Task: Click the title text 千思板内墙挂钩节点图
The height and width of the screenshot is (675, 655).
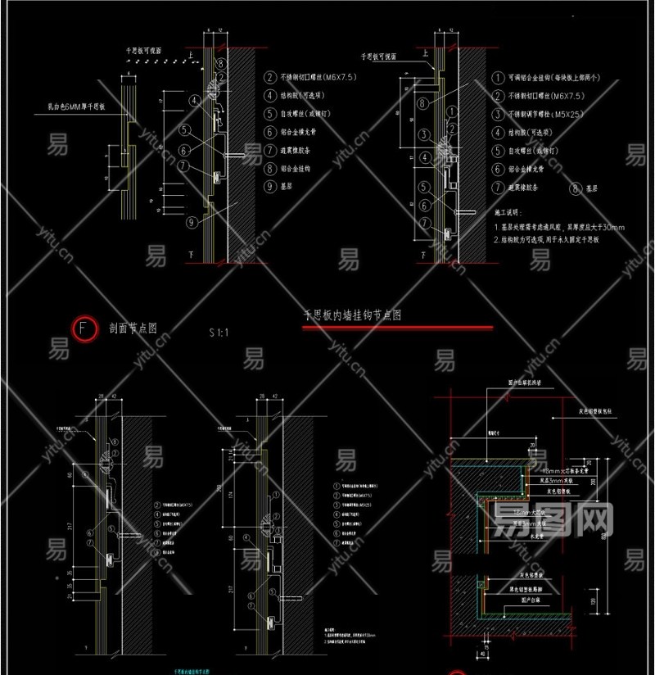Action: click(352, 315)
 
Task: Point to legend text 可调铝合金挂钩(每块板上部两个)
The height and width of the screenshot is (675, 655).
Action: click(556, 78)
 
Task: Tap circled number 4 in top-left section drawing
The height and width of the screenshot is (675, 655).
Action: click(194, 102)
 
